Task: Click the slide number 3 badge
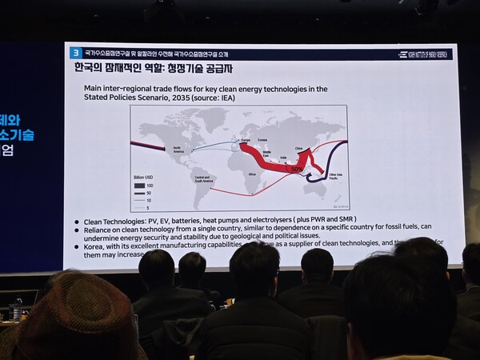pos(75,53)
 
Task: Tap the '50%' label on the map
pos(295,170)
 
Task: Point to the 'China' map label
pos(299,148)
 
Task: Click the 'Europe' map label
pos(234,140)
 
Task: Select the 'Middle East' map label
pos(267,154)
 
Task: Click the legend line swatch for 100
pos(140,185)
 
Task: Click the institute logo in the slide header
pos(425,54)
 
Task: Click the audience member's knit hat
pos(76,316)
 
